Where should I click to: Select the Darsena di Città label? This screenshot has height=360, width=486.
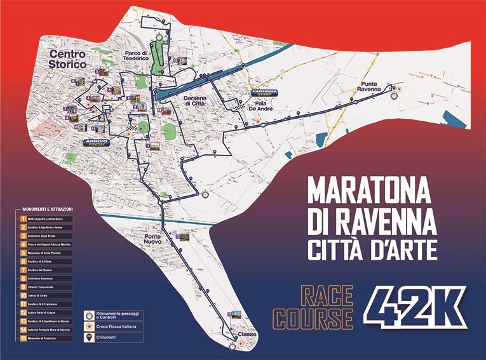tap(195, 102)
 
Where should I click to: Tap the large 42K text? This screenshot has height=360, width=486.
tap(417, 308)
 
